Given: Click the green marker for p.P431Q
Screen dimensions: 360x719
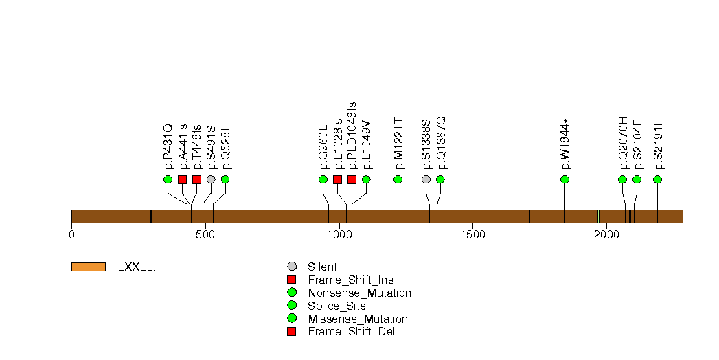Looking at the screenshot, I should tap(168, 179).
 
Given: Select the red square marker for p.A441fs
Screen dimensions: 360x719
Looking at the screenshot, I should tap(182, 179).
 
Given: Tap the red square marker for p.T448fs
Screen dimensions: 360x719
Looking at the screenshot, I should tap(196, 179).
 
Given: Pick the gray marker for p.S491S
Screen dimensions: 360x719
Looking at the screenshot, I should tap(211, 179).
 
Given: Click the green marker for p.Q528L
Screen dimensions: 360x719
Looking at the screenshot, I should tap(225, 179).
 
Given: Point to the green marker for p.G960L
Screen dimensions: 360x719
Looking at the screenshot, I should tap(323, 179).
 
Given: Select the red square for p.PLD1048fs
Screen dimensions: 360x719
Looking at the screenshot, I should tap(352, 179).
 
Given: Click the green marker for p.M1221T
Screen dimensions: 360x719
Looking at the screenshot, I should tap(398, 179).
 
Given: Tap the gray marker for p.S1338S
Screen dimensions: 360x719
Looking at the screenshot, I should tap(426, 179).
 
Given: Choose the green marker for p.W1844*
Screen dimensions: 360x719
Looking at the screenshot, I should tap(564, 179).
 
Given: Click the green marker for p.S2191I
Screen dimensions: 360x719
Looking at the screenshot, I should tap(657, 179).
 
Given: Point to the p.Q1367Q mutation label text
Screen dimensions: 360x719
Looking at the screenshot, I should tap(441, 142).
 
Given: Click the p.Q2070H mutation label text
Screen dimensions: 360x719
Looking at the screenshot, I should tap(623, 143).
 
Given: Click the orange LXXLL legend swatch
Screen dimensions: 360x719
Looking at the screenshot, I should tap(88, 267).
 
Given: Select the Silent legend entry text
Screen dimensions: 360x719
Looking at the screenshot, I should tap(322, 267).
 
